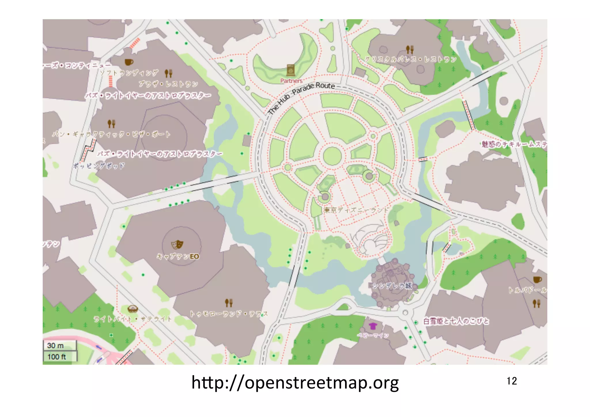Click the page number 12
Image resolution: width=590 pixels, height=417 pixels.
[512, 381]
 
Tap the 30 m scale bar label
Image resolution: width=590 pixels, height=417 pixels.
[56, 345]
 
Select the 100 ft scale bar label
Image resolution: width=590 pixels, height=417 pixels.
[57, 357]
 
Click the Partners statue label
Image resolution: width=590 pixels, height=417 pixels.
[291, 81]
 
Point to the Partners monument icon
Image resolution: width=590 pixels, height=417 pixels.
[291, 70]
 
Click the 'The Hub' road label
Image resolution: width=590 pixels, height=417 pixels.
[279, 104]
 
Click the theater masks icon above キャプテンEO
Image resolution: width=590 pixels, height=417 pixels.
[177, 245]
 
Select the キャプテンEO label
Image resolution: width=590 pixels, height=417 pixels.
[178, 256]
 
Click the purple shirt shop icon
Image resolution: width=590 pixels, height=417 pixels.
[373, 326]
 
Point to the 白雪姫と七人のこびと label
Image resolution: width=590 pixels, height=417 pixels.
[456, 321]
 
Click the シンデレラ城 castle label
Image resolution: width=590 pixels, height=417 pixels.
[392, 286]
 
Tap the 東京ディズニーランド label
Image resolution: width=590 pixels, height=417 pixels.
[356, 210]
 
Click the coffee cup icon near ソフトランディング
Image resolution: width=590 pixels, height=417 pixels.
[128, 62]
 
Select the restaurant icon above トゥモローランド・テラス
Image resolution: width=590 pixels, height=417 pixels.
[229, 303]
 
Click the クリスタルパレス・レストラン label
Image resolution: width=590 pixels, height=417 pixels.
[411, 59]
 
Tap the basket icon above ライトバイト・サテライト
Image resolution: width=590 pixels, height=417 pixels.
[132, 309]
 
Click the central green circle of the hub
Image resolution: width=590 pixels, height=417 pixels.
[332, 156]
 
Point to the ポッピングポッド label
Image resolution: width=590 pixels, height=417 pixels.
[99, 166]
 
